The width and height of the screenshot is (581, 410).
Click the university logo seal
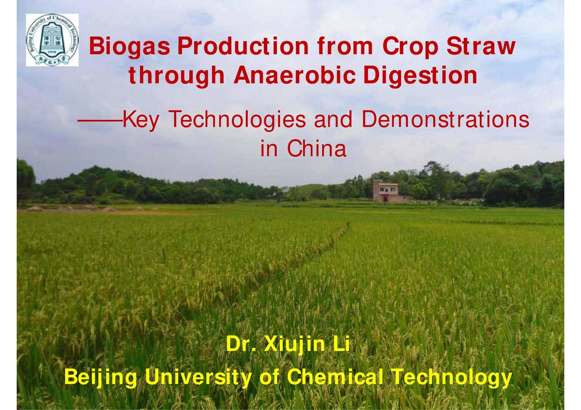pyautogui.click(x=52, y=40)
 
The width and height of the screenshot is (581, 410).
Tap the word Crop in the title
pyautogui.click(x=405, y=47)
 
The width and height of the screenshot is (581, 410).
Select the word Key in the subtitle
pyautogui.click(x=140, y=120)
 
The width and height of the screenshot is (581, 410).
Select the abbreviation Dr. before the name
pyautogui.click(x=241, y=347)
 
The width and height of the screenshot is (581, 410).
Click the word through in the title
pyautogui.click(x=176, y=76)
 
